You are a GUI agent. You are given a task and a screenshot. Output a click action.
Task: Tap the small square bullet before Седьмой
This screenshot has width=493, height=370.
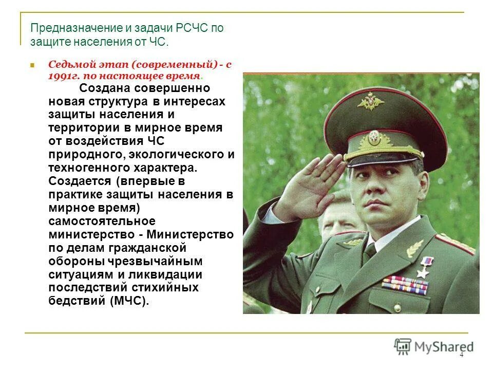(32, 66)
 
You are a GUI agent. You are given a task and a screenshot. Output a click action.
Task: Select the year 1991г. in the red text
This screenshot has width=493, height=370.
(64, 76)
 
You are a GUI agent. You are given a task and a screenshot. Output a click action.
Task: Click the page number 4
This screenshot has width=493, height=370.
(461, 355)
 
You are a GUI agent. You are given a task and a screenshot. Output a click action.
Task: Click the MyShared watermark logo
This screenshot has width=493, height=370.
(434, 347)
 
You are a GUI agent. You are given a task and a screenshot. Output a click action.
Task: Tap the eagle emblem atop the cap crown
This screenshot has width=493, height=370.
(371, 101)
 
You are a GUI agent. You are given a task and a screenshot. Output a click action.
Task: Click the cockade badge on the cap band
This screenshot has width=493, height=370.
(373, 138)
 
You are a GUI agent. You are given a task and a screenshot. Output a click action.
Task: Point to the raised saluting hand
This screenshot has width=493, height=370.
(308, 185)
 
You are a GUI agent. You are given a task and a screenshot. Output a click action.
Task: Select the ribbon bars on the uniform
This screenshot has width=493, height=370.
(405, 285)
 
